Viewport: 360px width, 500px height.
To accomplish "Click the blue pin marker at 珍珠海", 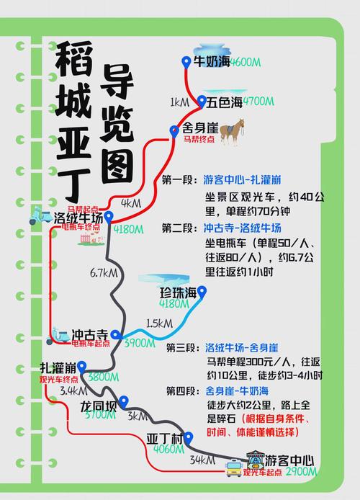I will [202, 293].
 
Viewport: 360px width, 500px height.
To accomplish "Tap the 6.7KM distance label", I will [104, 272].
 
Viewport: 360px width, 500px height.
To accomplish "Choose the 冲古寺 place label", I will [90, 335].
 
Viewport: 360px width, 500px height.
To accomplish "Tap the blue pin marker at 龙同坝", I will [123, 401].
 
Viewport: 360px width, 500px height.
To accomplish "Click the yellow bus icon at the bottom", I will [233, 469].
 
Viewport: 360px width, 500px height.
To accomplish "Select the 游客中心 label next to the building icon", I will [290, 460].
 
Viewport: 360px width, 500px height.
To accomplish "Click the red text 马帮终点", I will [199, 139].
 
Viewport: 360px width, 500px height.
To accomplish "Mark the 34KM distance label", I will [199, 459].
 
